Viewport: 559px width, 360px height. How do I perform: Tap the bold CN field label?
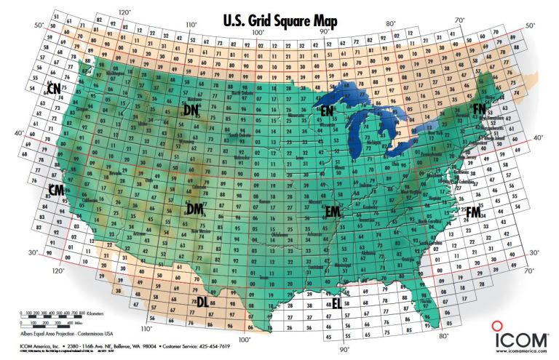pyautogui.click(x=53, y=88)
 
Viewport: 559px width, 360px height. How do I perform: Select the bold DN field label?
pyautogui.click(x=191, y=109)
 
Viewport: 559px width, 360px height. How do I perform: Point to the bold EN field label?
pyautogui.click(x=328, y=110)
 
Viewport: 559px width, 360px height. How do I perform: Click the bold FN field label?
pyautogui.click(x=479, y=108)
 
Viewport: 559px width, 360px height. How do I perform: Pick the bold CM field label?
pyautogui.click(x=56, y=189)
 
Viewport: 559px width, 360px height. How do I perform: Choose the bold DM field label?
pyautogui.click(x=194, y=209)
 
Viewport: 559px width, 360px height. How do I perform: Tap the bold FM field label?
pyautogui.click(x=473, y=212)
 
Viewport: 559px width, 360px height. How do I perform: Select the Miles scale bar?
pyautogui.click(x=44, y=321)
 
